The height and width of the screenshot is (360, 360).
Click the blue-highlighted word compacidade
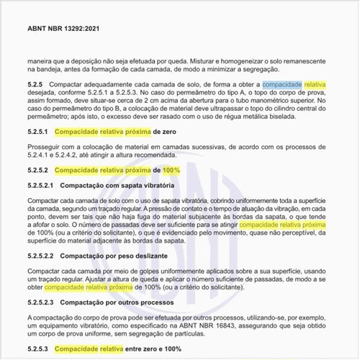[282, 84]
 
